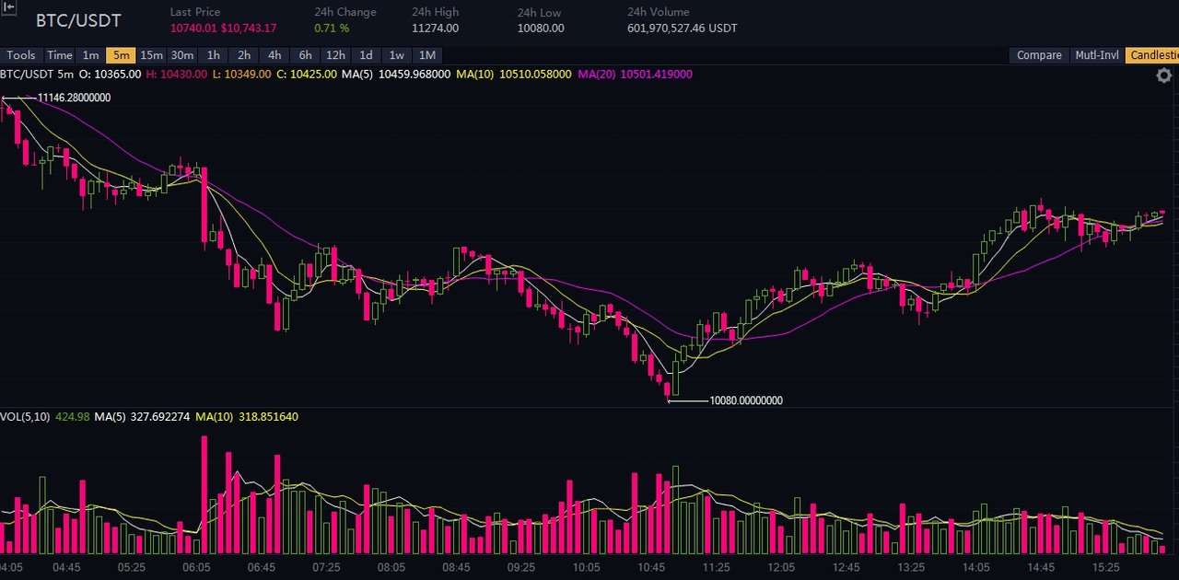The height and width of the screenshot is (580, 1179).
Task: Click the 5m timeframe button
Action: click(x=121, y=55)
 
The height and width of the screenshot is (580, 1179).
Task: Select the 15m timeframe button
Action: click(x=152, y=55)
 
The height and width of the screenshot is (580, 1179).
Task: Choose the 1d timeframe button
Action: click(x=366, y=55)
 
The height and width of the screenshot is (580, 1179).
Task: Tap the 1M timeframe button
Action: click(x=426, y=55)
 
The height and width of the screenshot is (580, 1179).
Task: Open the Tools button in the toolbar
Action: click(x=21, y=55)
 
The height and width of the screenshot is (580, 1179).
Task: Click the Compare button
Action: click(x=1039, y=55)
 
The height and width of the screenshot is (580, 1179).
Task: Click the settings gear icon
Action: click(x=1163, y=76)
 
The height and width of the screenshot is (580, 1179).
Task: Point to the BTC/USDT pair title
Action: click(x=78, y=20)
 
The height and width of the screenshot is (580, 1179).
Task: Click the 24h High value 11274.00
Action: click(x=435, y=29)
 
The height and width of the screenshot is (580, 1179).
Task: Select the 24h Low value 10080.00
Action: click(x=541, y=29)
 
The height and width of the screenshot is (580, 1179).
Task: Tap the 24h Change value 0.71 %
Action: click(x=332, y=29)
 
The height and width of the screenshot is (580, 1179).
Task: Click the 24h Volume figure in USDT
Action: click(x=683, y=29)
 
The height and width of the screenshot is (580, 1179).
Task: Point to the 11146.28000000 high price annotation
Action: click(x=75, y=98)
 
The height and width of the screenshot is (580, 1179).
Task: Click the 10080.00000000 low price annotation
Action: click(x=746, y=400)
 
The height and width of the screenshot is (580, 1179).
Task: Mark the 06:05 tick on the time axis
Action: click(x=196, y=567)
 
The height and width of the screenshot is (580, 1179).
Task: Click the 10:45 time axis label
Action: click(x=651, y=567)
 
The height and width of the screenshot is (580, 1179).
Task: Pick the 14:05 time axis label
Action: click(x=975, y=567)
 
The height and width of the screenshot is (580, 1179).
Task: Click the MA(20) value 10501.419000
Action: click(x=657, y=75)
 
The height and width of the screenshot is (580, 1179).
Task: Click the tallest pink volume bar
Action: click(x=204, y=494)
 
